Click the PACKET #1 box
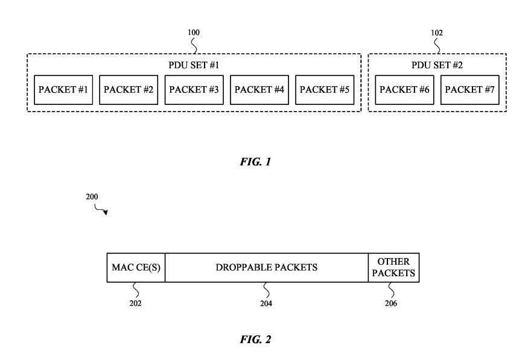[63, 90]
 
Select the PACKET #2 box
[129, 90]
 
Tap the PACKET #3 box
[194, 90]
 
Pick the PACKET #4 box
[259, 90]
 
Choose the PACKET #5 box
[325, 90]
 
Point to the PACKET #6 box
[404, 90]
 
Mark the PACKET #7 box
[469, 90]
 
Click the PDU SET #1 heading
[194, 65]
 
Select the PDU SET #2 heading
[437, 65]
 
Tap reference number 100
[194, 33]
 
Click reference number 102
[437, 33]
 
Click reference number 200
[92, 197]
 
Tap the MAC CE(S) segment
[136, 267]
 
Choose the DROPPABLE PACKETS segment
[266, 267]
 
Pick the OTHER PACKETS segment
[393, 267]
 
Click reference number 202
[136, 303]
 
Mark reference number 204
[266, 303]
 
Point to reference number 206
[390, 303]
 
